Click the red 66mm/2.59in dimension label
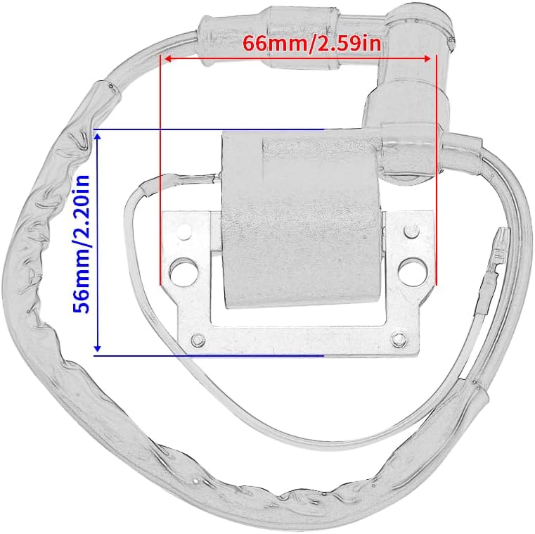click(311, 44)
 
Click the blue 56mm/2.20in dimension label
click(82, 244)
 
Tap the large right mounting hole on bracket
click(413, 268)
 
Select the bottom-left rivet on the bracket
click(198, 339)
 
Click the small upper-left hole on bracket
click(184, 231)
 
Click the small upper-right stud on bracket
click(411, 231)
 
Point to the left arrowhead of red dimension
click(168, 58)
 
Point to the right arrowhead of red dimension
click(427, 58)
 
